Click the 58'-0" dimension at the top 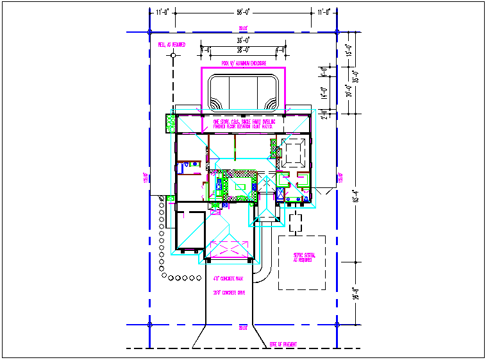point(243,12)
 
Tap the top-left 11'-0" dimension point(162,12)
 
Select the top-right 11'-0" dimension point(324,12)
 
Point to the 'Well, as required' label point(172,45)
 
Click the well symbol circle point(172,56)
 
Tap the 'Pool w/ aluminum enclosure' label point(243,64)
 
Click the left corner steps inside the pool point(215,103)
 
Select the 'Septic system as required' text point(302,257)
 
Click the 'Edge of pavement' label point(282,345)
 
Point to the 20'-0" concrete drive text point(229,292)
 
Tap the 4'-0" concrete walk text point(228,279)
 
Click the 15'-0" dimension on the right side point(349,50)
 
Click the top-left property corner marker point(149,31)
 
